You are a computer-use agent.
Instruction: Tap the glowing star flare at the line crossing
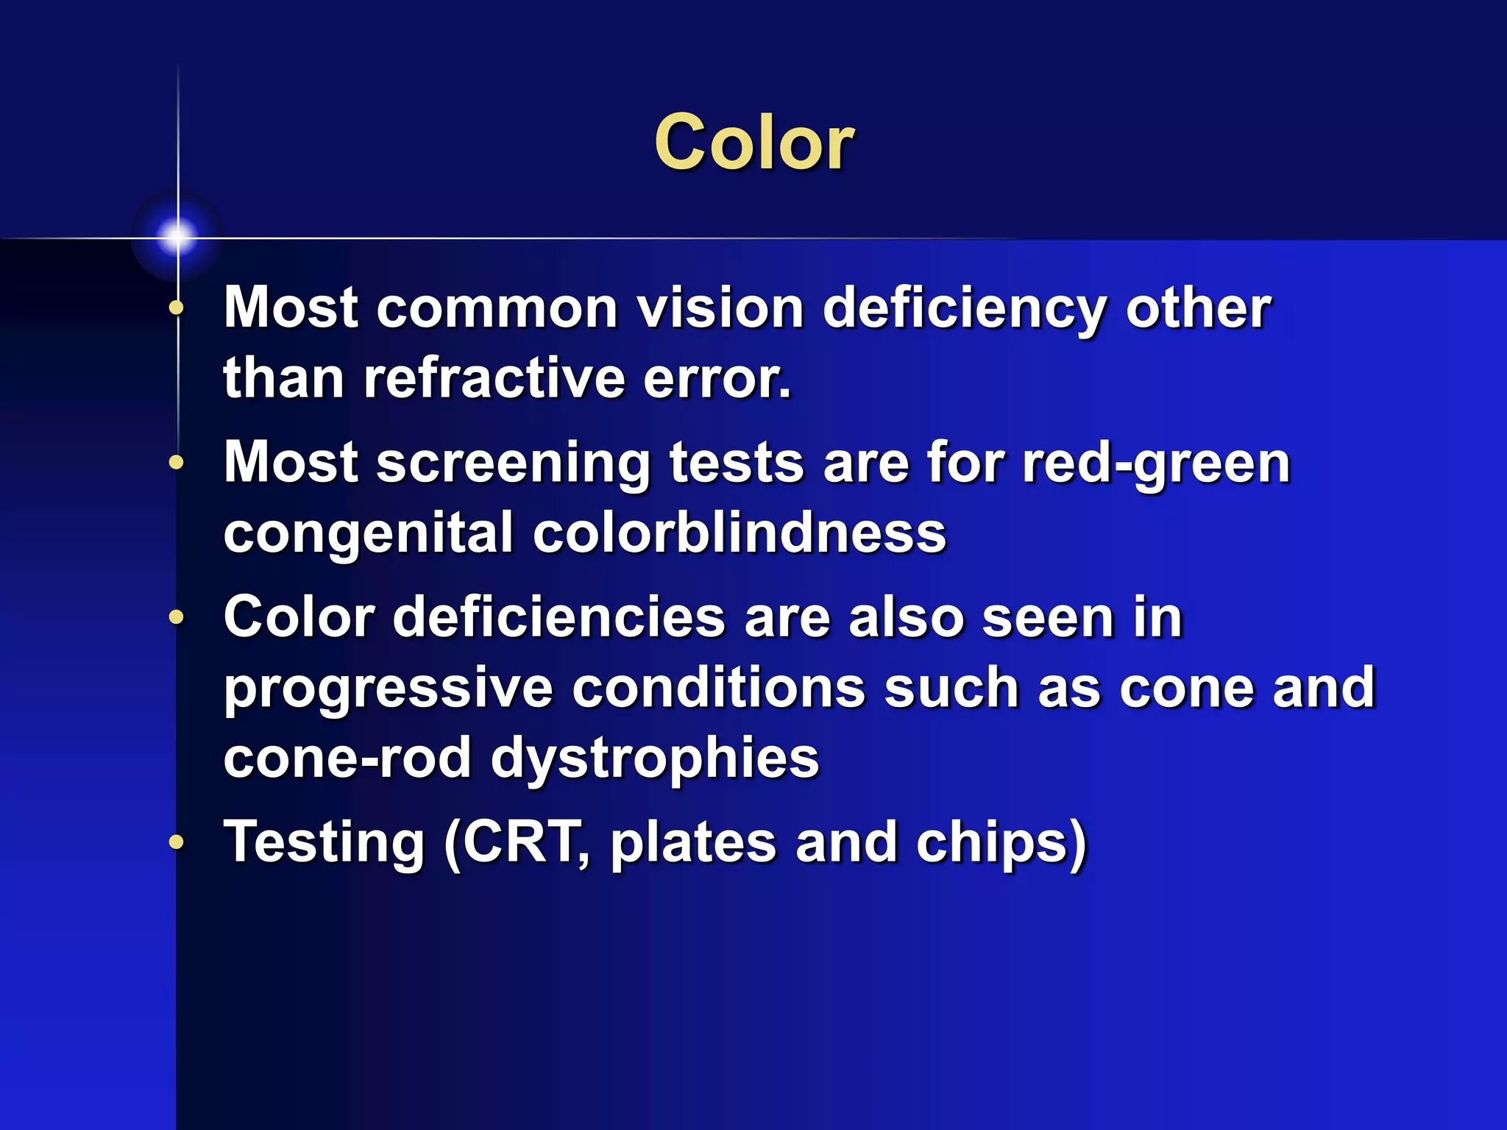coord(177,236)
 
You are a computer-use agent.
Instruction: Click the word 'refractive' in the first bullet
coord(494,378)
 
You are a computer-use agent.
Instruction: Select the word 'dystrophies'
coord(654,759)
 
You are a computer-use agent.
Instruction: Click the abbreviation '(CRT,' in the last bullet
coord(517,842)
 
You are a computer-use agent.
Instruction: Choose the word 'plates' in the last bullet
coord(693,842)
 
